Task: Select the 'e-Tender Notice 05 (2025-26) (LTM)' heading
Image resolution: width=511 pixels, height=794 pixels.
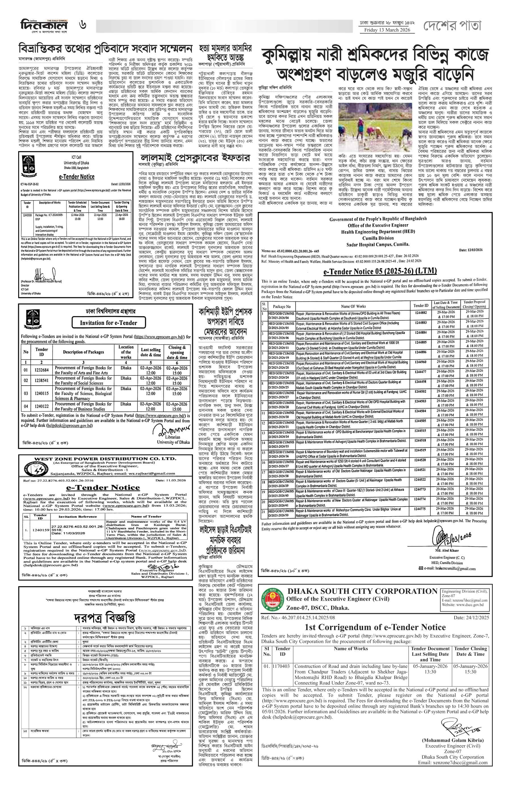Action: point(380,271)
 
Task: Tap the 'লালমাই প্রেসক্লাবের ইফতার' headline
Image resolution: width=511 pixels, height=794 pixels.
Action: point(195,158)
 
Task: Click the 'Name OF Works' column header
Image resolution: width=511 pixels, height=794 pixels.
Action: point(353,306)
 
